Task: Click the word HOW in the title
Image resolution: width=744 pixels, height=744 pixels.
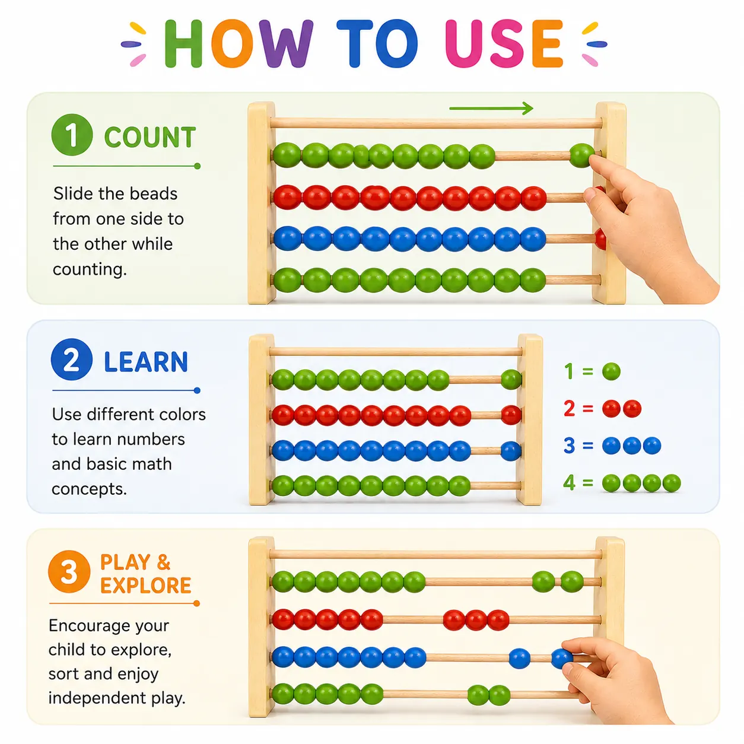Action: pos(239,44)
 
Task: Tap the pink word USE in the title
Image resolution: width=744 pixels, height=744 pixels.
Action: pos(504,44)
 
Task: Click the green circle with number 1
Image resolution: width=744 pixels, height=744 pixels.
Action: pos(72,135)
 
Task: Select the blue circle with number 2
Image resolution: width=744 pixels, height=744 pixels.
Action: pos(71,360)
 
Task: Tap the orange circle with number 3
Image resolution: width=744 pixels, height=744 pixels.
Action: pos(69,572)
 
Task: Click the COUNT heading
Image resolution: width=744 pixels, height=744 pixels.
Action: pos(150,137)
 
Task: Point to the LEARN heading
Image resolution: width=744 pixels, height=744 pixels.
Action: pos(146,362)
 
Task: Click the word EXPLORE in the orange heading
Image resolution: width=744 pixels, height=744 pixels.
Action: pos(145,586)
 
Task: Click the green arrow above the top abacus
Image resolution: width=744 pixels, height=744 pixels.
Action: pos(491,109)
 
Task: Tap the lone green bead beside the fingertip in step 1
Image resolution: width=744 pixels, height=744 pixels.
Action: pos(581,155)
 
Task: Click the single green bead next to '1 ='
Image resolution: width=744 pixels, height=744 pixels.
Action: pos(611,371)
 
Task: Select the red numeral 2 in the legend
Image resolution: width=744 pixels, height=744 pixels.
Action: pos(569,408)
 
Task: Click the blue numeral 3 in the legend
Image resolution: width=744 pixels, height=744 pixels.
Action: pos(569,445)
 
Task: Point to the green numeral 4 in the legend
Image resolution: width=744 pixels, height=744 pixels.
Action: pos(569,482)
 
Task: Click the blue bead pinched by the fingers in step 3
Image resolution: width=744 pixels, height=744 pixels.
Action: pos(562,659)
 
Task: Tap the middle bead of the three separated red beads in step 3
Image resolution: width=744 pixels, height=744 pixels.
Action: pos(476,621)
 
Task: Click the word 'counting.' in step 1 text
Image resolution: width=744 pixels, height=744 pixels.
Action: pos(90,269)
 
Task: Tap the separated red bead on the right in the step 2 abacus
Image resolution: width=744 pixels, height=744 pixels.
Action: pos(511,415)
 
